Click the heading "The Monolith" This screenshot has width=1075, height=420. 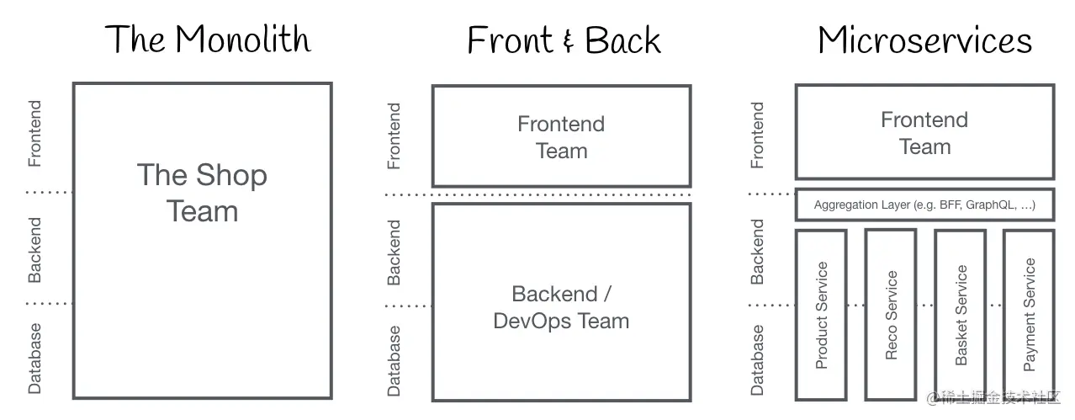tap(208, 40)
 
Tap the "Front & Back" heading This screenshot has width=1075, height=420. tap(564, 40)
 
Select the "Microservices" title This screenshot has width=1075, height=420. tap(924, 40)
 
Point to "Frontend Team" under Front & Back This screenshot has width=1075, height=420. tap(561, 137)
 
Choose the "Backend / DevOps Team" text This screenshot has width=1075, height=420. tap(561, 307)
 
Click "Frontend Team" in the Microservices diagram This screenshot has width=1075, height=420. tap(924, 133)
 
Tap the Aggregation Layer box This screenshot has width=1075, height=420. tap(924, 205)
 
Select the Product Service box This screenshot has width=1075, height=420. tap(822, 315)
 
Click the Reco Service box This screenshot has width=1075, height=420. tap(891, 315)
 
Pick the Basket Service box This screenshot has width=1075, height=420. tap(961, 315)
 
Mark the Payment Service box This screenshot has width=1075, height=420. tap(1029, 315)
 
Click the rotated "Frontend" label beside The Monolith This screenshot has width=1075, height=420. tap(34, 134)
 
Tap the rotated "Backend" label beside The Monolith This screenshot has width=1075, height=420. tap(34, 249)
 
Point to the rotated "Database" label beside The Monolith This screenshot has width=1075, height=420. tap(34, 359)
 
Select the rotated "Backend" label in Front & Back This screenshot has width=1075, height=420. tap(394, 253)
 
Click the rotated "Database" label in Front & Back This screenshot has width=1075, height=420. tap(394, 361)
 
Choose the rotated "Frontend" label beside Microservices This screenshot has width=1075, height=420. tap(757, 135)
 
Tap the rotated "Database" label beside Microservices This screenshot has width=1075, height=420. tap(757, 360)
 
